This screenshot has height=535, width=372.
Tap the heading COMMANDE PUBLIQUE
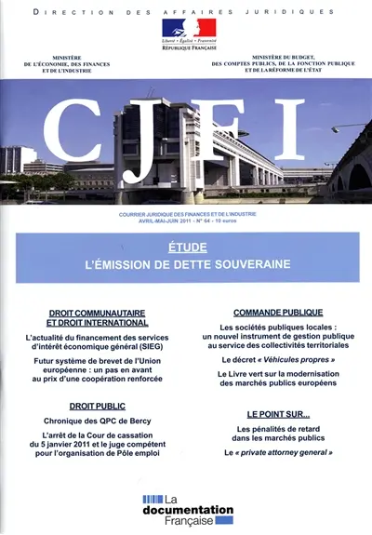click(278, 313)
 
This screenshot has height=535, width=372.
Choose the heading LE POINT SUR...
click(278, 412)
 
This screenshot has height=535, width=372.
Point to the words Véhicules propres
click(297, 358)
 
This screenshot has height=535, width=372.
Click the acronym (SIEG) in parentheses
click(140, 341)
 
